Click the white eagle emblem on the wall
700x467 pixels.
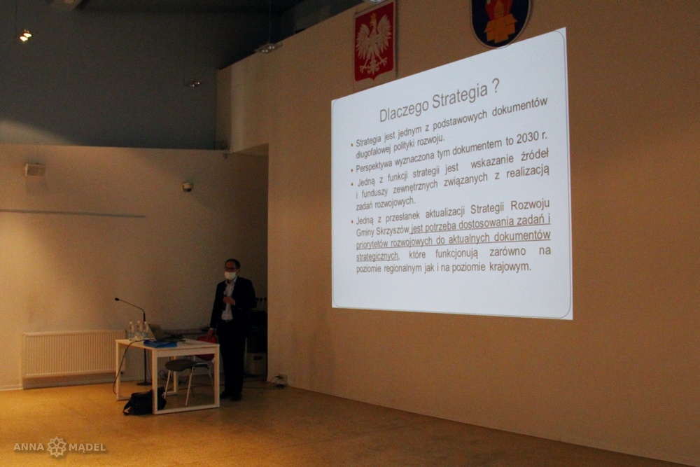374,42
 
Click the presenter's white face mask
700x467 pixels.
230,276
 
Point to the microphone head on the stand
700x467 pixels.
118,300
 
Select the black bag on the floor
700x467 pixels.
143,401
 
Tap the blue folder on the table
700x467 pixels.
160,343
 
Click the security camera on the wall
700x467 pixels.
188,187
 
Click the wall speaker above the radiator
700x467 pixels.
35,169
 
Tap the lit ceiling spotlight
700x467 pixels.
25,35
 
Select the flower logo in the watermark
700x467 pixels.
57,447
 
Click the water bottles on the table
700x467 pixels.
137,330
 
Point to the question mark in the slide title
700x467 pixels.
495,87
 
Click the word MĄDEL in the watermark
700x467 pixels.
87,447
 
